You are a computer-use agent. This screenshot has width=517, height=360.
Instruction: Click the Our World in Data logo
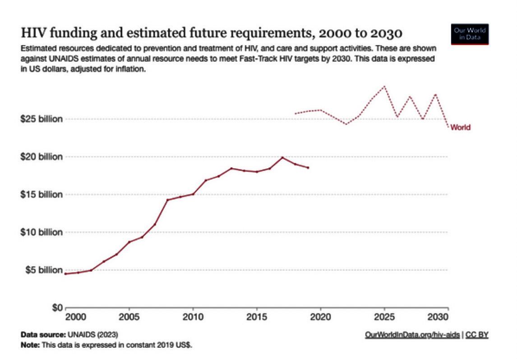(470, 34)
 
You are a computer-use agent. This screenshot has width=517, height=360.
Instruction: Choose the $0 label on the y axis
(55, 308)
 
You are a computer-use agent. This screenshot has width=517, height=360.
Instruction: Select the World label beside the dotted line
(461, 128)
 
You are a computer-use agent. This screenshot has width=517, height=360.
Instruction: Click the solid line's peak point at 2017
(282, 157)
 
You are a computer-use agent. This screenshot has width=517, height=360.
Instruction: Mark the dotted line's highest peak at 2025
(384, 86)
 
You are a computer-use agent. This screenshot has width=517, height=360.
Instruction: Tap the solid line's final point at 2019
(308, 168)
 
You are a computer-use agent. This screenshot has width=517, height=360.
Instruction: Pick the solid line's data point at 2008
(168, 200)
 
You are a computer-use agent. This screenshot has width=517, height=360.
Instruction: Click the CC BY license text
(477, 335)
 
